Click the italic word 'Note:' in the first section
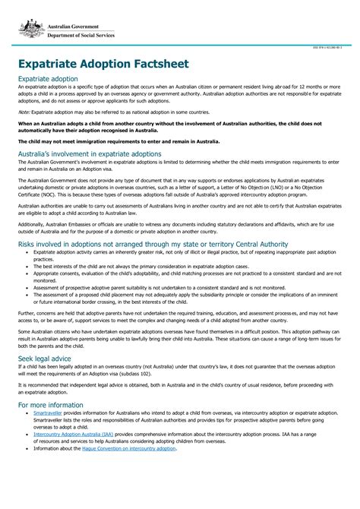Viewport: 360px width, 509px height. click(x=24, y=111)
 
